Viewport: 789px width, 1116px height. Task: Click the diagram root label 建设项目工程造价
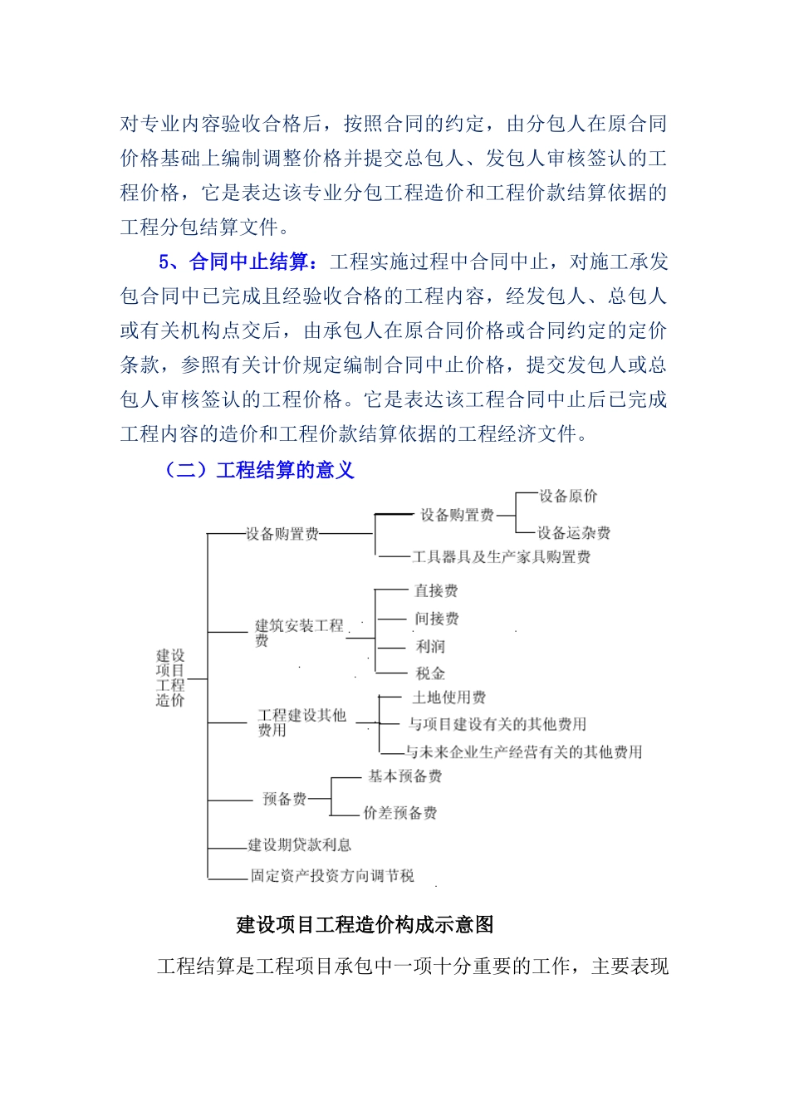point(170,678)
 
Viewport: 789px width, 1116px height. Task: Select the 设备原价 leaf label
point(568,497)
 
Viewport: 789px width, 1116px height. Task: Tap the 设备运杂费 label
point(573,533)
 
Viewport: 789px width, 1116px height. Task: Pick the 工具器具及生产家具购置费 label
point(501,557)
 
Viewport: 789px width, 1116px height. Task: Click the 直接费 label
point(436,591)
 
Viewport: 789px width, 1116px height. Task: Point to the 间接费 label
point(437,619)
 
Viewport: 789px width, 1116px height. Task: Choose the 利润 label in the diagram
point(430,646)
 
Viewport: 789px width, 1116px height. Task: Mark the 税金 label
point(430,673)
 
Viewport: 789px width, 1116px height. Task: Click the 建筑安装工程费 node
point(298,632)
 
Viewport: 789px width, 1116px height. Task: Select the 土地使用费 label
point(448,697)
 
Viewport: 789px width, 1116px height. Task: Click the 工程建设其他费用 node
point(301,722)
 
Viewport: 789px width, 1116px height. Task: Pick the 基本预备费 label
point(404,776)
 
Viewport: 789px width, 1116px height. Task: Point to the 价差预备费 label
point(399,813)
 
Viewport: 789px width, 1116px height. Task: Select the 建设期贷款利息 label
point(299,845)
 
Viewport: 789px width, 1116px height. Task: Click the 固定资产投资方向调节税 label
point(332,876)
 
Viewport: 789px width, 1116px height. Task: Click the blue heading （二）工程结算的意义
point(259,471)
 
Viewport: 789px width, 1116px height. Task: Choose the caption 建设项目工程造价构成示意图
point(365,925)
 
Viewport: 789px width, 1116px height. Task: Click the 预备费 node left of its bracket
point(284,799)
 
